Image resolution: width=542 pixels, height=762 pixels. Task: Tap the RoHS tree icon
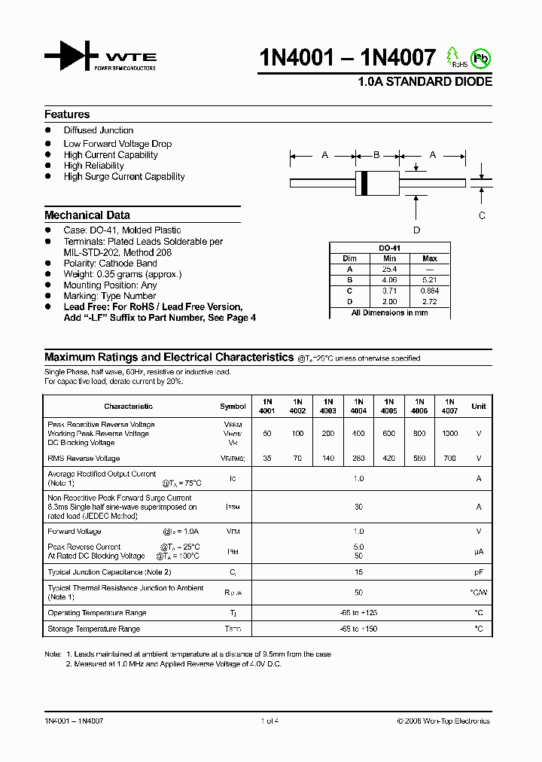452,56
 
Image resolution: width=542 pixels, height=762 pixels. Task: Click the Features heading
67,114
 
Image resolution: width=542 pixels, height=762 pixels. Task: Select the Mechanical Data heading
87,215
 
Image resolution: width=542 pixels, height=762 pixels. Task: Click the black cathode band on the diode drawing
365,181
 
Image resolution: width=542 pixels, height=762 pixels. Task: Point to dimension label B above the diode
376,155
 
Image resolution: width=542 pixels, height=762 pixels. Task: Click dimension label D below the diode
416,230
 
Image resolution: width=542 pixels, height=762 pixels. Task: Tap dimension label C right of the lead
482,215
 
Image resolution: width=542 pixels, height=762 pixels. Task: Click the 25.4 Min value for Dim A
389,269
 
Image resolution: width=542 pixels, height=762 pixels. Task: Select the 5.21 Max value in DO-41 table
430,279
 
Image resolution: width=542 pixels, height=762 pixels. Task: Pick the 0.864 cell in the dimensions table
430,290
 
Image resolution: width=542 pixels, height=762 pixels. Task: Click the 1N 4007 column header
449,406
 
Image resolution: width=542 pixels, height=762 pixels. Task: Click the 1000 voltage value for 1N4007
449,434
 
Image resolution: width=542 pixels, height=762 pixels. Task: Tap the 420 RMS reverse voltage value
389,458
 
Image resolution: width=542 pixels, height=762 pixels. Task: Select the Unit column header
478,406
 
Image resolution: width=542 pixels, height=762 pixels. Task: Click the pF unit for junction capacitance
478,571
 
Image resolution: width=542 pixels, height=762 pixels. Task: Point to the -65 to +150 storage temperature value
358,628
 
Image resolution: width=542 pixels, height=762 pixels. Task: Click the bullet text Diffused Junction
99,130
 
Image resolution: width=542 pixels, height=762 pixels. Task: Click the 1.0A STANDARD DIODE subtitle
425,82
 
